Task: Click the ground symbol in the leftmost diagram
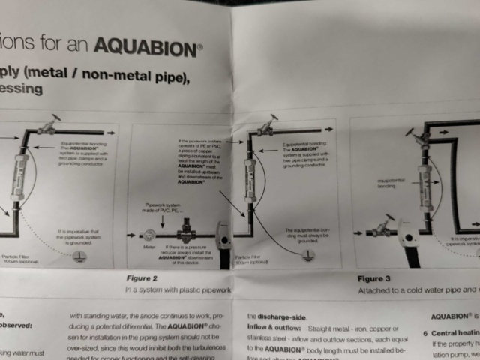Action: (78, 255)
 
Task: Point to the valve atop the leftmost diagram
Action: (51, 124)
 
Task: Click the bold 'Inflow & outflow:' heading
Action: (274, 328)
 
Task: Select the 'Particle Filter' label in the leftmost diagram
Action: (15, 255)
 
